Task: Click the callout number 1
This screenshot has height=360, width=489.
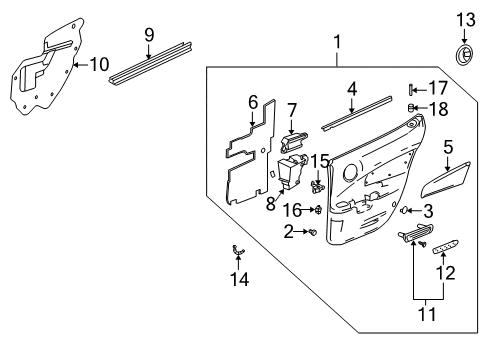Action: pyautogui.click(x=337, y=43)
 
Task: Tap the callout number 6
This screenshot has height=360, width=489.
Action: pyautogui.click(x=253, y=101)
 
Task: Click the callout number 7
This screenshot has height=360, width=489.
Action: pyautogui.click(x=293, y=109)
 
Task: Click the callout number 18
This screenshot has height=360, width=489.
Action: pyautogui.click(x=438, y=107)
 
